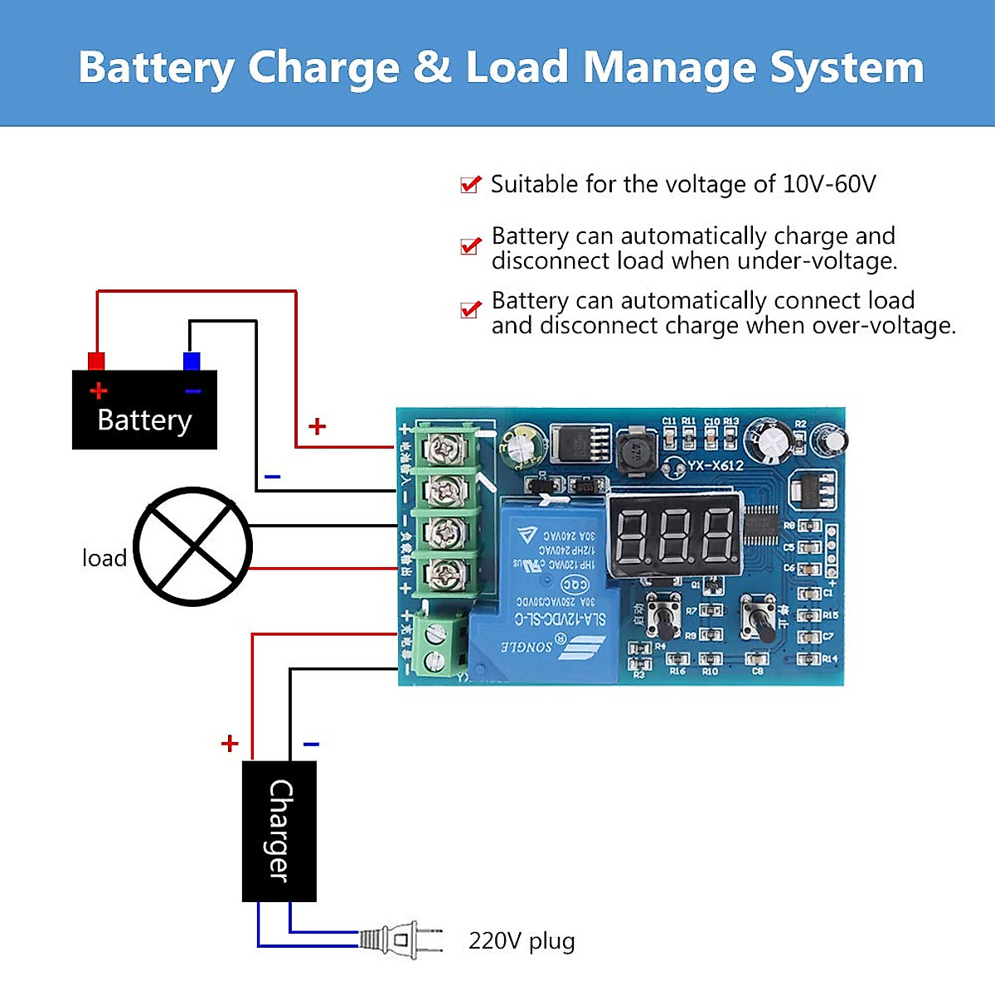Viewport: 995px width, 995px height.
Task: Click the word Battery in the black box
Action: point(144,420)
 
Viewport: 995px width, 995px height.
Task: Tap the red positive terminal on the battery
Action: point(96,361)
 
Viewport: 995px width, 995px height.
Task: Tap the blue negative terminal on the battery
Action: point(192,361)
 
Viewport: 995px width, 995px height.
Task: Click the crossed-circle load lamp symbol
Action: point(192,546)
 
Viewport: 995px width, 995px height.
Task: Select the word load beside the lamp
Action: point(104,558)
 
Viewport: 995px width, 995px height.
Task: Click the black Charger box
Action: point(279,831)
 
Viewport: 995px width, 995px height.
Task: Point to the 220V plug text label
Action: point(522,941)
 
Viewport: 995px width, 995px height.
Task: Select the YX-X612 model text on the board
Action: point(715,466)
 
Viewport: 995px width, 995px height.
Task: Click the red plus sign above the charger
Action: point(230,743)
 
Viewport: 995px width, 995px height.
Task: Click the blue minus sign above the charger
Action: point(311,744)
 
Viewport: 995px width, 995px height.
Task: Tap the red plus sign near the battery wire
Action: point(317,426)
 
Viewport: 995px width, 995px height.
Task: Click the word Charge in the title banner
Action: point(323,68)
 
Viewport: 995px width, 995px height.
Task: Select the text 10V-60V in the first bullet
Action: point(828,184)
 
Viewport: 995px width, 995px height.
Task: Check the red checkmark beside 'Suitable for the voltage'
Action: point(470,184)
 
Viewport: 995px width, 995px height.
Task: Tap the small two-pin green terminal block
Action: point(434,648)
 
